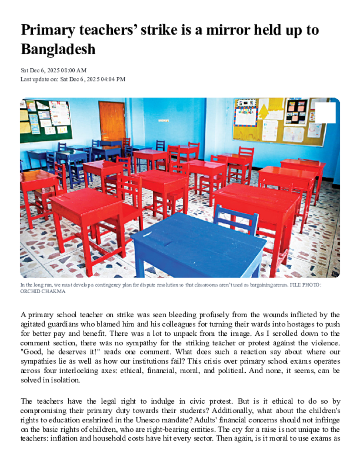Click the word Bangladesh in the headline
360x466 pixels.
(x=58, y=49)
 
